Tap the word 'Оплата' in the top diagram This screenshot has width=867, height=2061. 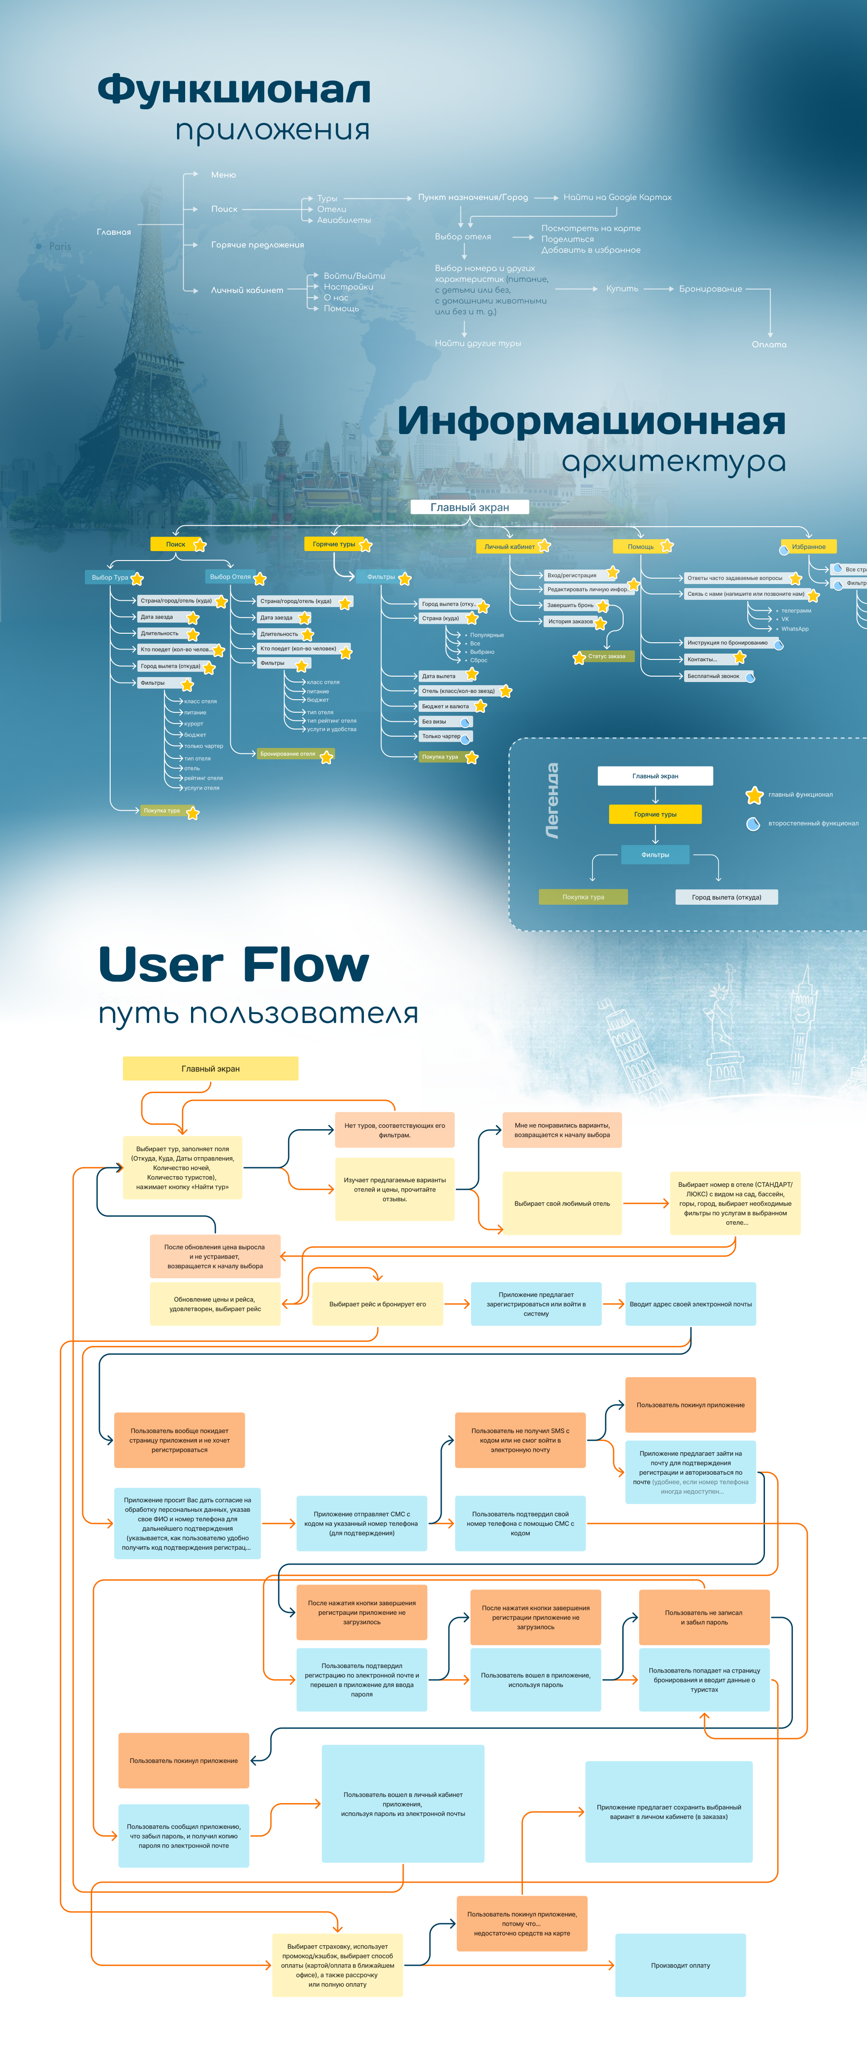pyautogui.click(x=769, y=345)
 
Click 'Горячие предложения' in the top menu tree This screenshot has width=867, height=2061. pyautogui.click(x=257, y=245)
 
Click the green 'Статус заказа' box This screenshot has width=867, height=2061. pyautogui.click(x=606, y=656)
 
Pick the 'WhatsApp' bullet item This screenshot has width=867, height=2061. pyautogui.click(x=794, y=629)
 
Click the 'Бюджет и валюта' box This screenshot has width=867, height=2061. pyautogui.click(x=446, y=706)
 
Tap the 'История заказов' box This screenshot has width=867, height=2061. pyautogui.click(x=570, y=622)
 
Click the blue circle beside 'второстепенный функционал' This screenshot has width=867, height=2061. pyautogui.click(x=753, y=824)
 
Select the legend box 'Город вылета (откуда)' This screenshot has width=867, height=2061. pyautogui.click(x=726, y=897)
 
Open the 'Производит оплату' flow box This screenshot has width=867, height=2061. pyautogui.click(x=680, y=1965)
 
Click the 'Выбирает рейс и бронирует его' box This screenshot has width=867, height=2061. pyautogui.click(x=378, y=1304)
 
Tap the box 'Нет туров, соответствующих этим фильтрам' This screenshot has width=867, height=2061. pyautogui.click(x=394, y=1130)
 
